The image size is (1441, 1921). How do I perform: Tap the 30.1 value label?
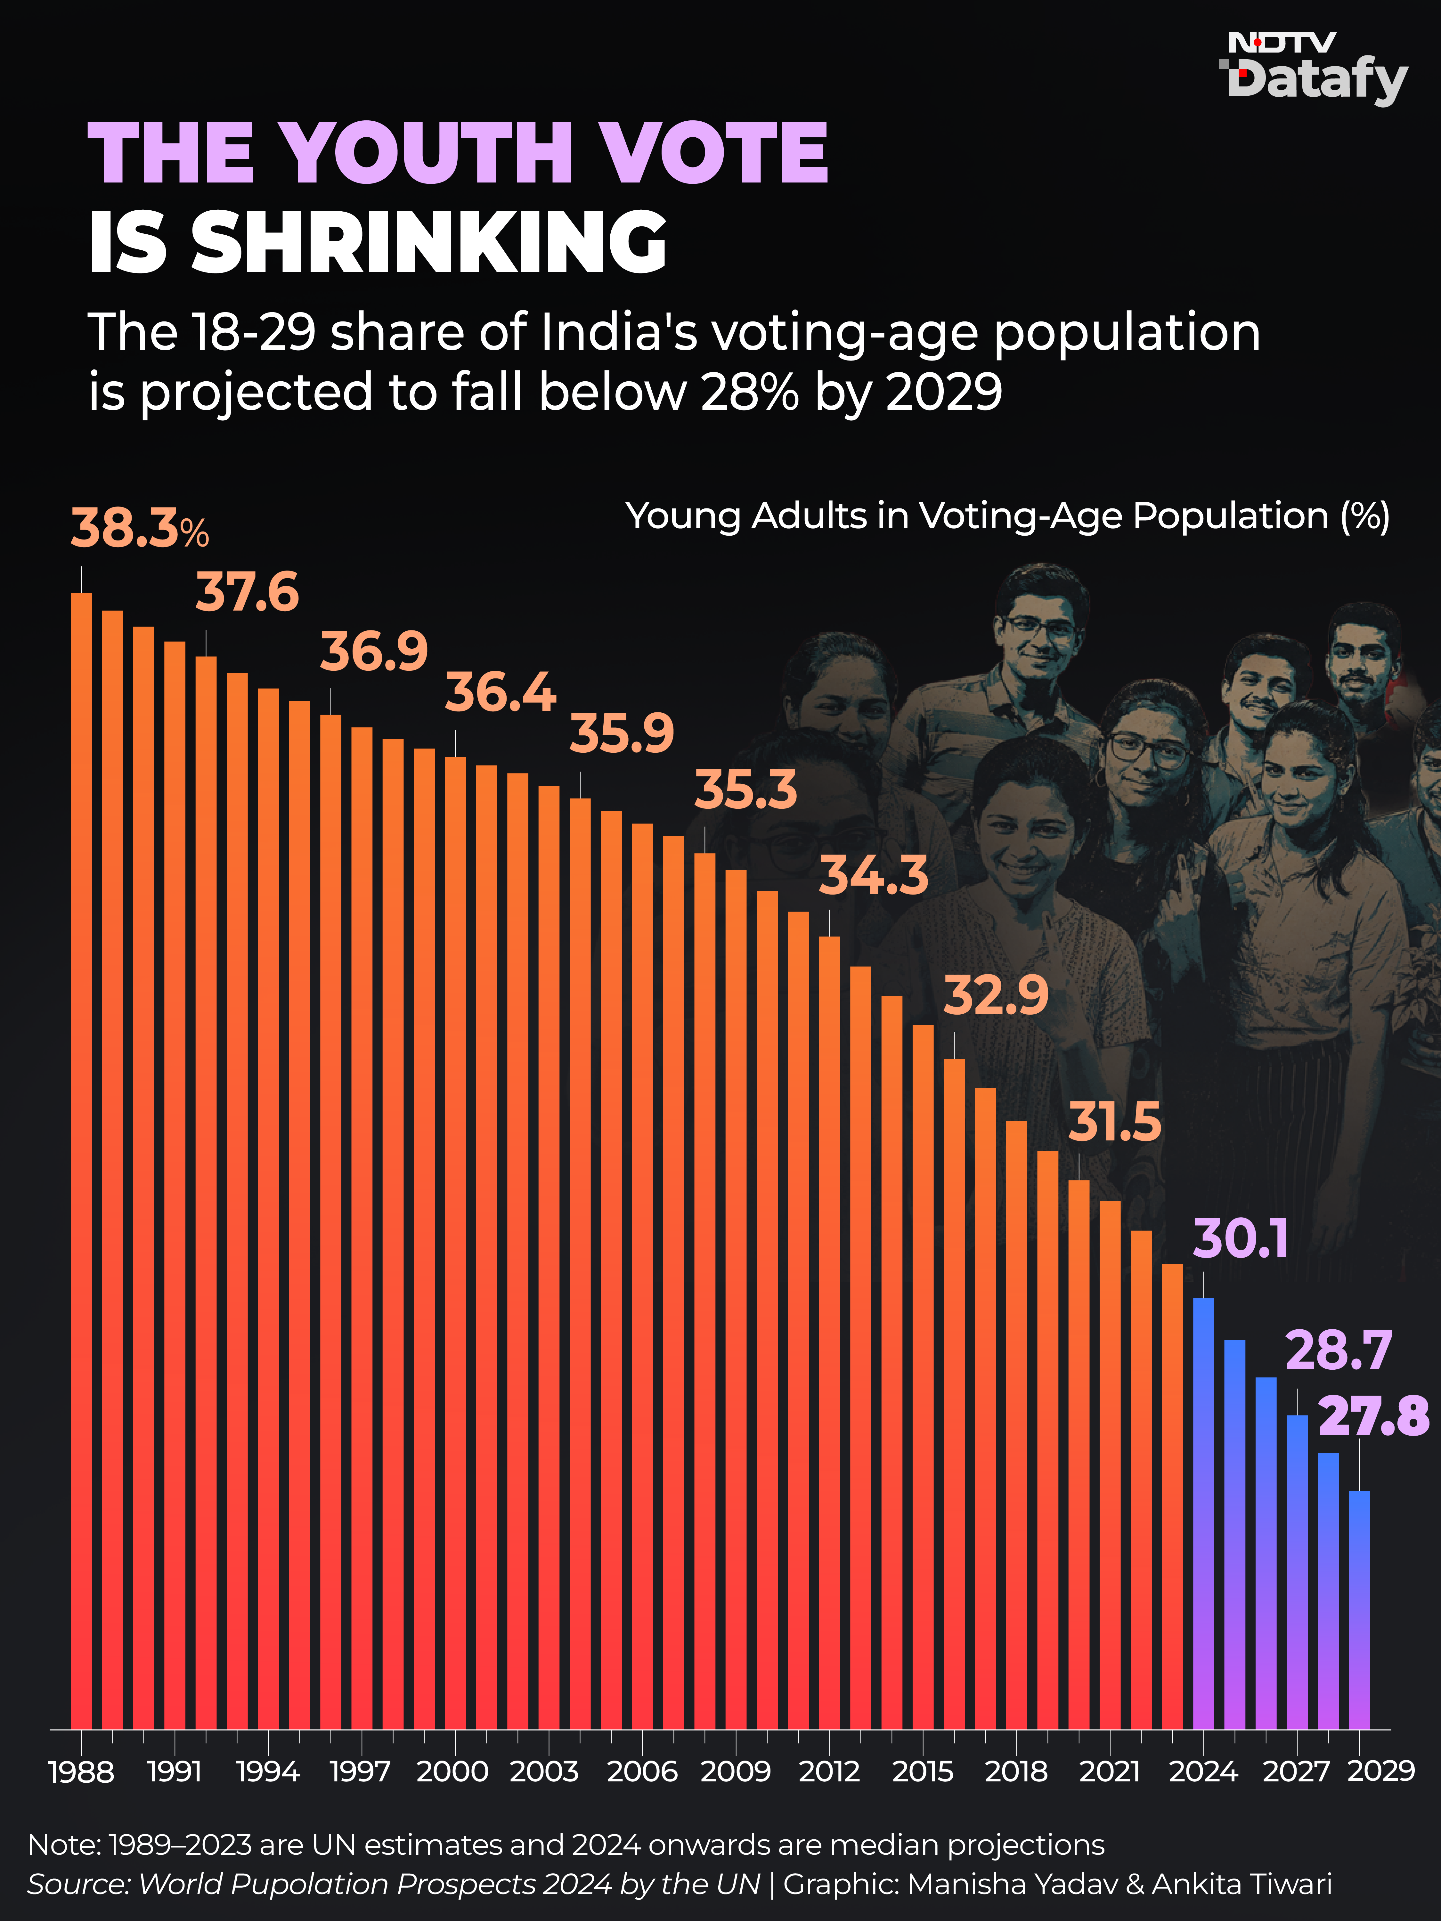click(x=1240, y=1239)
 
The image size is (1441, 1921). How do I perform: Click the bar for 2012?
click(x=829, y=1332)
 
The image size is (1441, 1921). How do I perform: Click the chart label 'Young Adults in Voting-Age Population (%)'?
click(x=1007, y=516)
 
